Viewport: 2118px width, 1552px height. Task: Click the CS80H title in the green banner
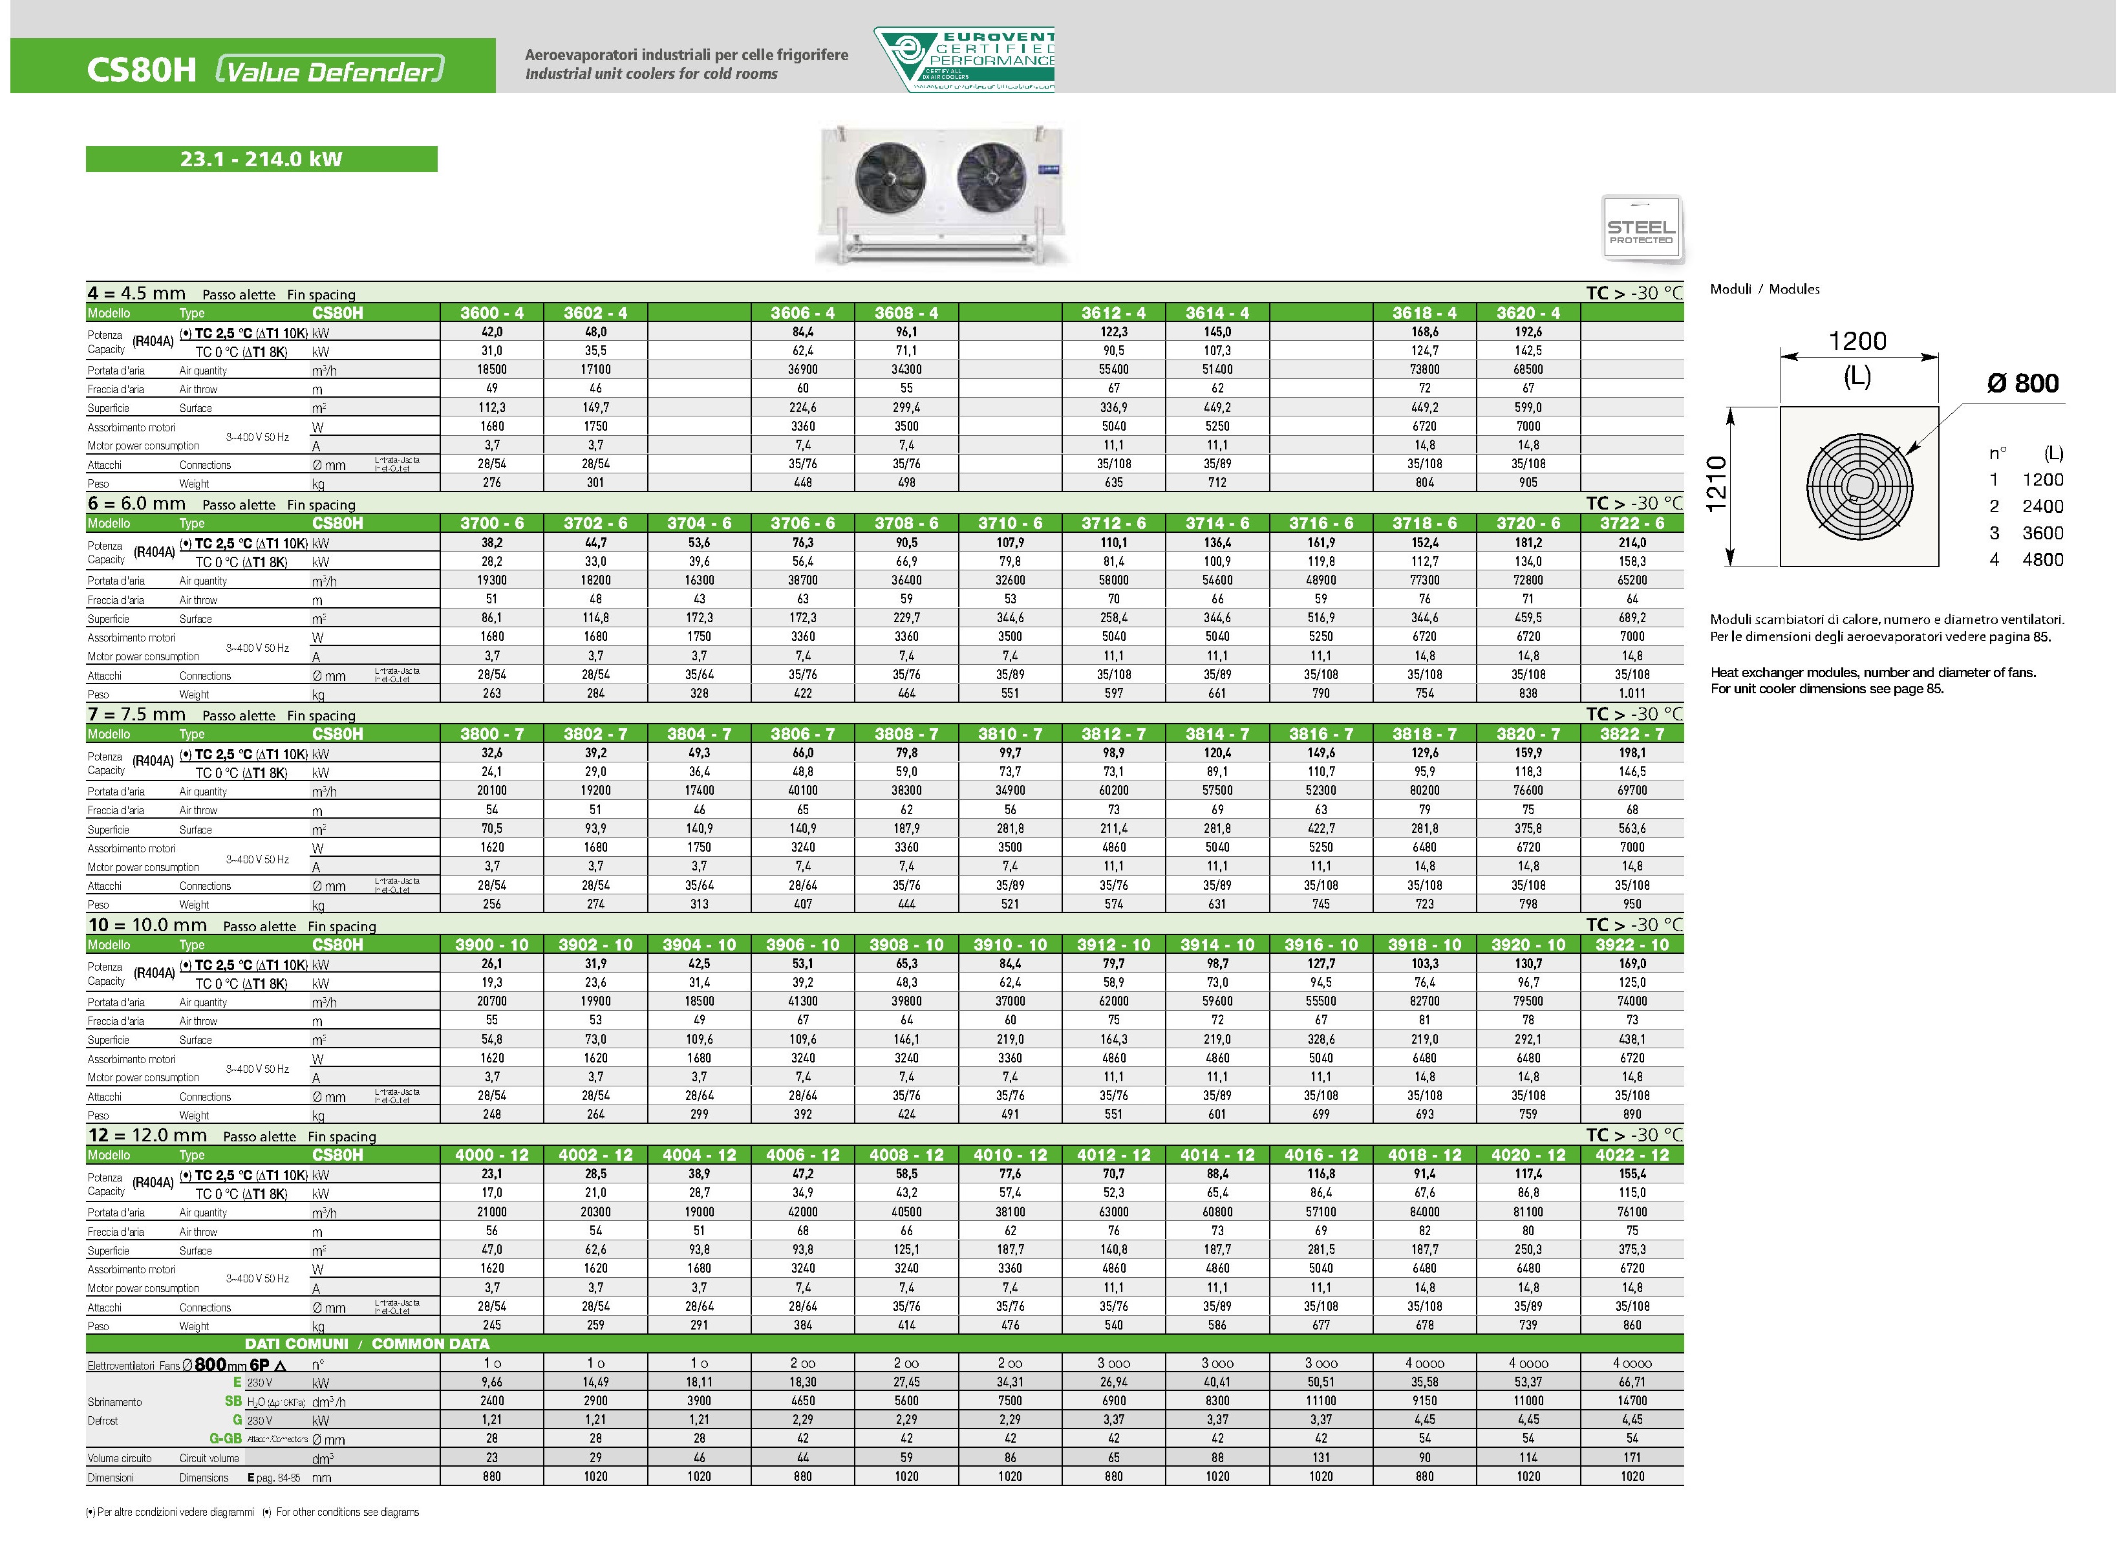[141, 70]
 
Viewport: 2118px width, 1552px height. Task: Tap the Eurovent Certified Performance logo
[965, 59]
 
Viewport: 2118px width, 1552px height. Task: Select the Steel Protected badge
[1640, 229]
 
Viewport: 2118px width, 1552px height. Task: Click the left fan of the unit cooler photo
[890, 178]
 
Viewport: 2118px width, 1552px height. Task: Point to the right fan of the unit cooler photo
[992, 178]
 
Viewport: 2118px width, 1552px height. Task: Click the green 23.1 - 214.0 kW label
[261, 159]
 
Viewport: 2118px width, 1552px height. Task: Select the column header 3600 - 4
[492, 313]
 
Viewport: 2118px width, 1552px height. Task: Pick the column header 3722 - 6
[1631, 523]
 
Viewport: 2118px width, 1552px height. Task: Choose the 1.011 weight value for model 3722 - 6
[1631, 693]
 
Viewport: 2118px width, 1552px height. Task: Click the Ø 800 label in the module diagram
[2022, 383]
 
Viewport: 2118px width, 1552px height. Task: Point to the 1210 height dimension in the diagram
[1716, 485]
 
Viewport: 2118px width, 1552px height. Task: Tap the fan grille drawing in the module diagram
[1859, 486]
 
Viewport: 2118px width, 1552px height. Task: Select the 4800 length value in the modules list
[2042, 560]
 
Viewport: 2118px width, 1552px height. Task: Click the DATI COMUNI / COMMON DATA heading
[367, 1343]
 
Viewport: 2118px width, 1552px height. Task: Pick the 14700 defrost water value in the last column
[1631, 1401]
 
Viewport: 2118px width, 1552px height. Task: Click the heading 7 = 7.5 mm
[137, 714]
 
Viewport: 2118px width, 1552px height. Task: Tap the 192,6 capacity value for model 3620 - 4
[1528, 332]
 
